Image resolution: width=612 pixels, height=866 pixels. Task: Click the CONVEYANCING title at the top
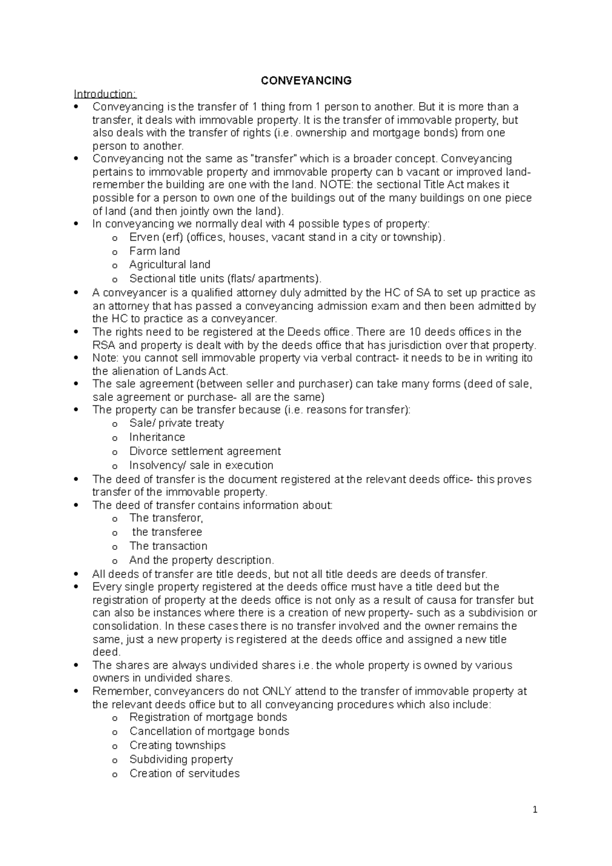pos(306,81)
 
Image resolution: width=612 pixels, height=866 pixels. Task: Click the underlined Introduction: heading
pos(105,94)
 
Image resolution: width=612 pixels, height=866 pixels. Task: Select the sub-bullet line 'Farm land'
pos(155,251)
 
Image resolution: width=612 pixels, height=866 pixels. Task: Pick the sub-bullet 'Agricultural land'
pos(170,265)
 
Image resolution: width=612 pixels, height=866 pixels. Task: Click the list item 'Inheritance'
pos(157,437)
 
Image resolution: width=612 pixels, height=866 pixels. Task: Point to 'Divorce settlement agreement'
pos(205,451)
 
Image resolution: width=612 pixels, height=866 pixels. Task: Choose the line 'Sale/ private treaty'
pos(176,423)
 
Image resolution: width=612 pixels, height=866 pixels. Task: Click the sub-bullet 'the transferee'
pos(167,532)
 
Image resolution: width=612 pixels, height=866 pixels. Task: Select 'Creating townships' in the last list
pos(177,745)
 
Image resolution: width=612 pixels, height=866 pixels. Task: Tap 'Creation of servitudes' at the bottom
pos(185,773)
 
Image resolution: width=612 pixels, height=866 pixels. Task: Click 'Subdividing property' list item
pos(181,759)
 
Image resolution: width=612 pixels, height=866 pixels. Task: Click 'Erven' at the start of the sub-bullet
pos(144,237)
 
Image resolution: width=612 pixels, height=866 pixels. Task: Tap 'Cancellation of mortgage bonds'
pos(209,731)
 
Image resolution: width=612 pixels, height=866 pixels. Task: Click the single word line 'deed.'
pos(106,652)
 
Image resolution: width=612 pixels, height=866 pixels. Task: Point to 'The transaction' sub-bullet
pos(168,546)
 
